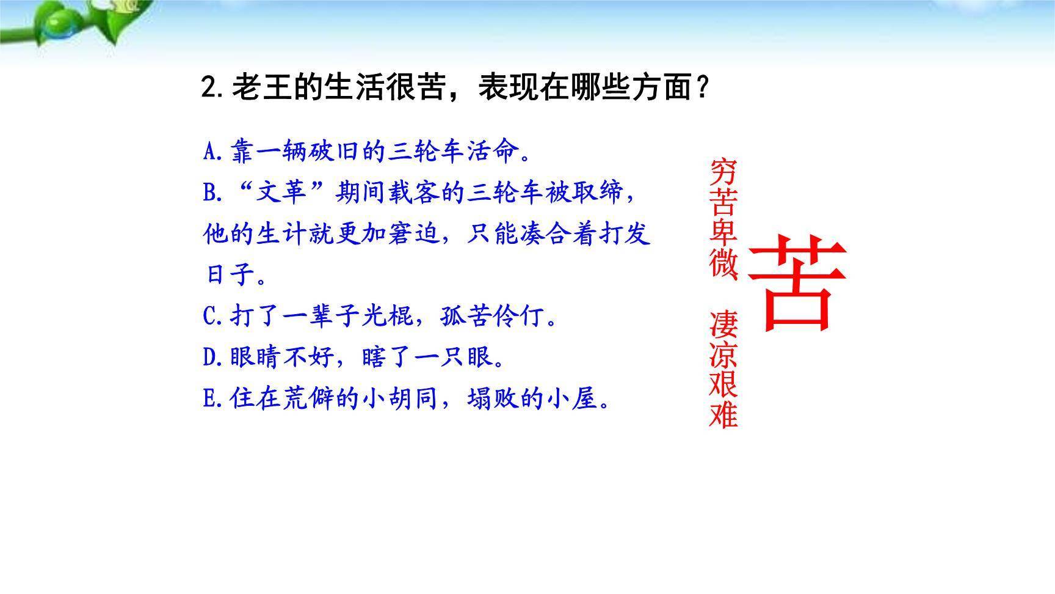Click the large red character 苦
[797, 284]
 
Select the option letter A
[210, 151]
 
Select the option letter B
[210, 193]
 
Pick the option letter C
[210, 317]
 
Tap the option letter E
[209, 399]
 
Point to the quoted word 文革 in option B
[281, 193]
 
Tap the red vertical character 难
[723, 414]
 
